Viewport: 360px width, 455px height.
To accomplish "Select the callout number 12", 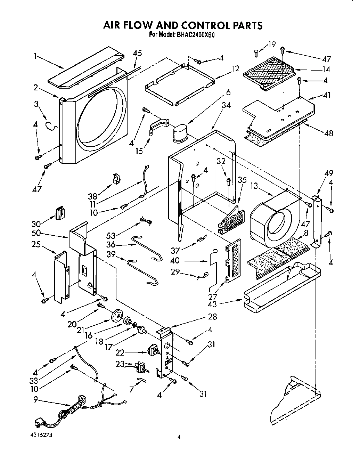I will pyautogui.click(x=236, y=68).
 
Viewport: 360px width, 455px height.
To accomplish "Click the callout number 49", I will pyautogui.click(x=329, y=173).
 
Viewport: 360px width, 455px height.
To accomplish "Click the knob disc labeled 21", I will pyautogui.click(x=117, y=316).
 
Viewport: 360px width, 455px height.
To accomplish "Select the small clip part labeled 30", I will pyautogui.click(x=61, y=212).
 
